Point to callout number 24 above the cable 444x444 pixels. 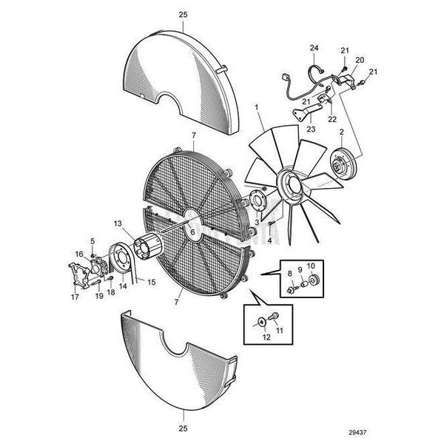pos(314,48)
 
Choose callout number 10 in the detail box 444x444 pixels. pos(311,266)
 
